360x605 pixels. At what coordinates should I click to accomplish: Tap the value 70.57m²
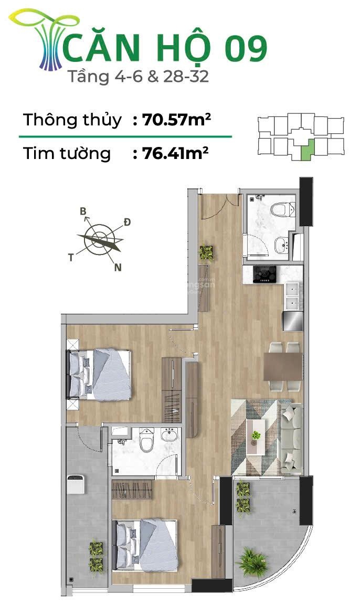[x=176, y=120]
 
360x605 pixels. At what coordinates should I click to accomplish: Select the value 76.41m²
[x=176, y=153]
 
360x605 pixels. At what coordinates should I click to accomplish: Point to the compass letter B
[x=83, y=211]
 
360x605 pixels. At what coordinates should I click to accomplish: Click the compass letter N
[x=118, y=267]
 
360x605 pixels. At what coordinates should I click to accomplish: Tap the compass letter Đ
[x=127, y=222]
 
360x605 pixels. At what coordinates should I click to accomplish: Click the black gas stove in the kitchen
[x=264, y=273]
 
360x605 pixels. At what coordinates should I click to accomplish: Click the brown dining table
[x=283, y=367]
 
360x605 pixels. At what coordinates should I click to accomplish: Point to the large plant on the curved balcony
[x=252, y=562]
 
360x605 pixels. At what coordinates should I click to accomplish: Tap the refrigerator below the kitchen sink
[x=293, y=321]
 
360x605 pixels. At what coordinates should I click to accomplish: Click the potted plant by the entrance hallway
[x=206, y=253]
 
